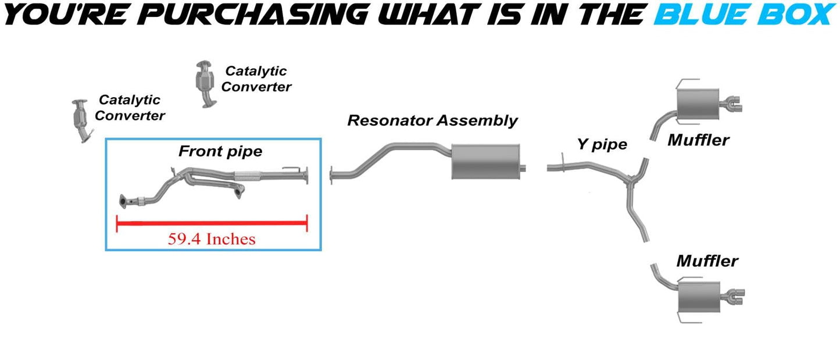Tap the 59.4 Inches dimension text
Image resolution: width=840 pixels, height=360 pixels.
(x=212, y=238)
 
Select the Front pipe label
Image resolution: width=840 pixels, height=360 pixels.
(x=220, y=152)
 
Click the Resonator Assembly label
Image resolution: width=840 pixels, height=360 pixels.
(x=432, y=121)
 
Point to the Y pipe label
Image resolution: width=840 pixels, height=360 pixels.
(x=602, y=144)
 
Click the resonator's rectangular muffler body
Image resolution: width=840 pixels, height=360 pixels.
(x=484, y=161)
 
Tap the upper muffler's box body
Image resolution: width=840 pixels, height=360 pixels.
(x=695, y=103)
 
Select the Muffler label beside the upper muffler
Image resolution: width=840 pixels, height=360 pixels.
(x=698, y=140)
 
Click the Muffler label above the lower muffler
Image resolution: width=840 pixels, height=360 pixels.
(x=706, y=261)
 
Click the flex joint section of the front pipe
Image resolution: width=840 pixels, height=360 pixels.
(x=249, y=175)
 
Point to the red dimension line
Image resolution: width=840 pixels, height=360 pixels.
(x=212, y=223)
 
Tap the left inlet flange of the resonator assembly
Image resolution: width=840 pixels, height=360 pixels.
(x=331, y=175)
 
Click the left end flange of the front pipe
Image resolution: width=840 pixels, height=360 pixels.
(x=123, y=202)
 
